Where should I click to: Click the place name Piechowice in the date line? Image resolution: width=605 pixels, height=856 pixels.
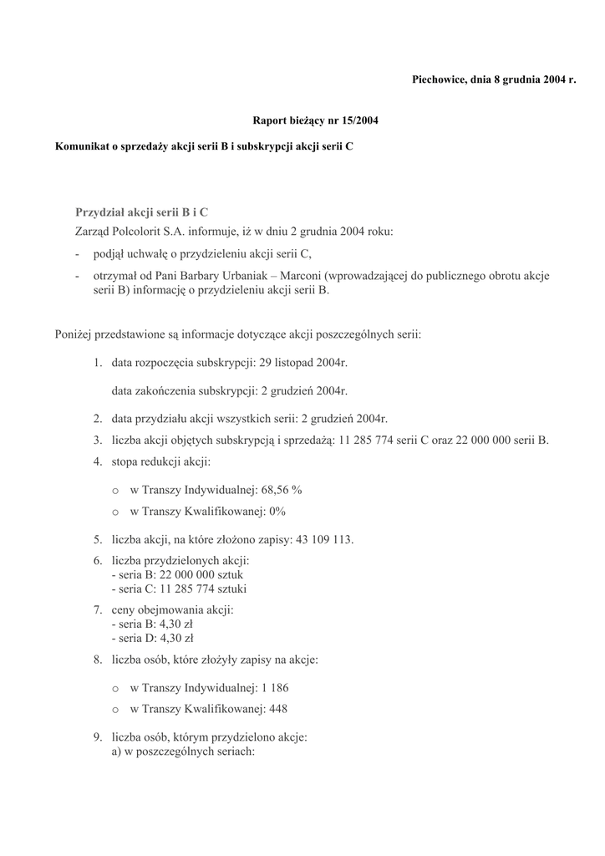tap(440, 79)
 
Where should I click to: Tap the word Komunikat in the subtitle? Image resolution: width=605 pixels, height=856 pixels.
tap(81, 145)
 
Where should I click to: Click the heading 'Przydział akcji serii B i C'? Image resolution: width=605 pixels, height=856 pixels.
tap(141, 212)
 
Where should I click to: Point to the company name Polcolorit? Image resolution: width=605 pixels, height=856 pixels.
tap(146, 231)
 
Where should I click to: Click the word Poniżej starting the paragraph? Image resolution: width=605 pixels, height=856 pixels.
tap(77, 334)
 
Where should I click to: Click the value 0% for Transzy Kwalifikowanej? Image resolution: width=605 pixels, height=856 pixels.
tap(278, 512)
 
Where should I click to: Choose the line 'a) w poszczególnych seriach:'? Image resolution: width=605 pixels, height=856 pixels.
tap(182, 751)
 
